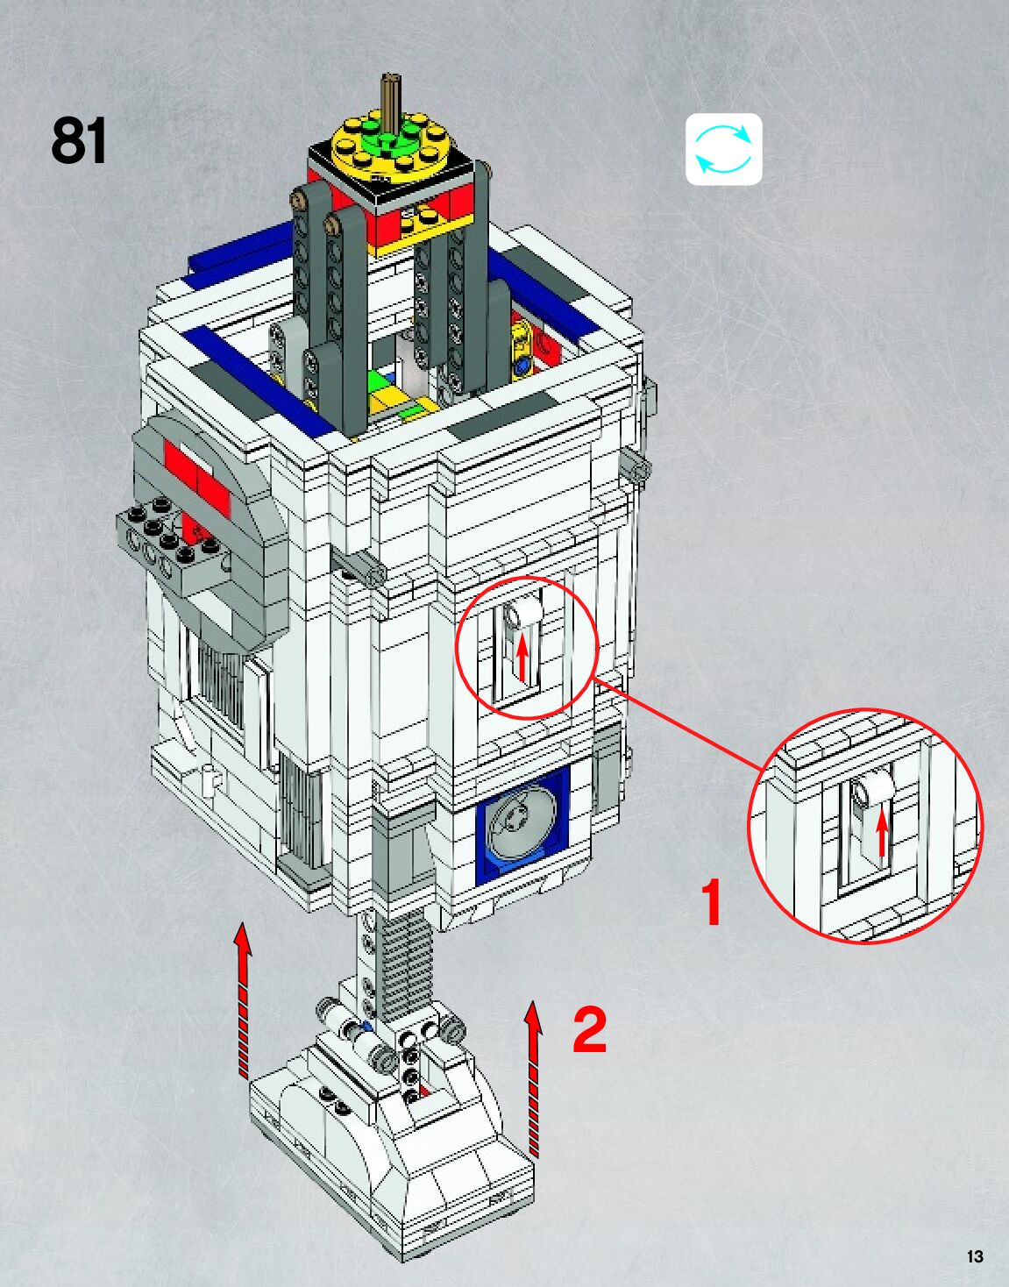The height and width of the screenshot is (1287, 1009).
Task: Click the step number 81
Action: click(x=79, y=140)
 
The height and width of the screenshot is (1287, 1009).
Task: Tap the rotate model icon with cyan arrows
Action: click(x=723, y=149)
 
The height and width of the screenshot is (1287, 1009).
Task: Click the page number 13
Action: click(x=975, y=1256)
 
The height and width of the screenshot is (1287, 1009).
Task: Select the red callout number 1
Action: click(x=712, y=903)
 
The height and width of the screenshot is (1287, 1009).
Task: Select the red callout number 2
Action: click(x=589, y=1029)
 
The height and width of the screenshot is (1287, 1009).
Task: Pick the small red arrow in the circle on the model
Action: click(x=522, y=658)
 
